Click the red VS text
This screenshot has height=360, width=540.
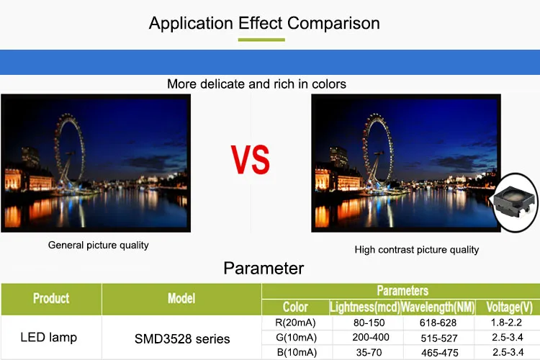251,160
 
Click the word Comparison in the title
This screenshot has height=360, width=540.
333,24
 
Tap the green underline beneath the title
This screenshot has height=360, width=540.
261,40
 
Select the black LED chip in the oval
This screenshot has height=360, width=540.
513,202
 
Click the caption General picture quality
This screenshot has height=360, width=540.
99,245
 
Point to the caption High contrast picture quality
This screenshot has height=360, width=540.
417,249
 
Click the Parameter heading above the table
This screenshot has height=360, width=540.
264,268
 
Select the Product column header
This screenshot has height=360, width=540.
51,298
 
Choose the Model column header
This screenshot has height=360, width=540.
181,298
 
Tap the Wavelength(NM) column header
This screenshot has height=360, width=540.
438,307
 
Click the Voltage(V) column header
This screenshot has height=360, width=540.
509,307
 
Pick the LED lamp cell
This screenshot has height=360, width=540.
48,337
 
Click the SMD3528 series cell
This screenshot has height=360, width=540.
182,339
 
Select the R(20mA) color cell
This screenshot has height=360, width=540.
295,323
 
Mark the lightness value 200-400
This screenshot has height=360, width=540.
371,337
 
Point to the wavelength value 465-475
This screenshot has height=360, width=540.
440,353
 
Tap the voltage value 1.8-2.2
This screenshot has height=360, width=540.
506,323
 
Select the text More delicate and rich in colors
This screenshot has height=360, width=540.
256,84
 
